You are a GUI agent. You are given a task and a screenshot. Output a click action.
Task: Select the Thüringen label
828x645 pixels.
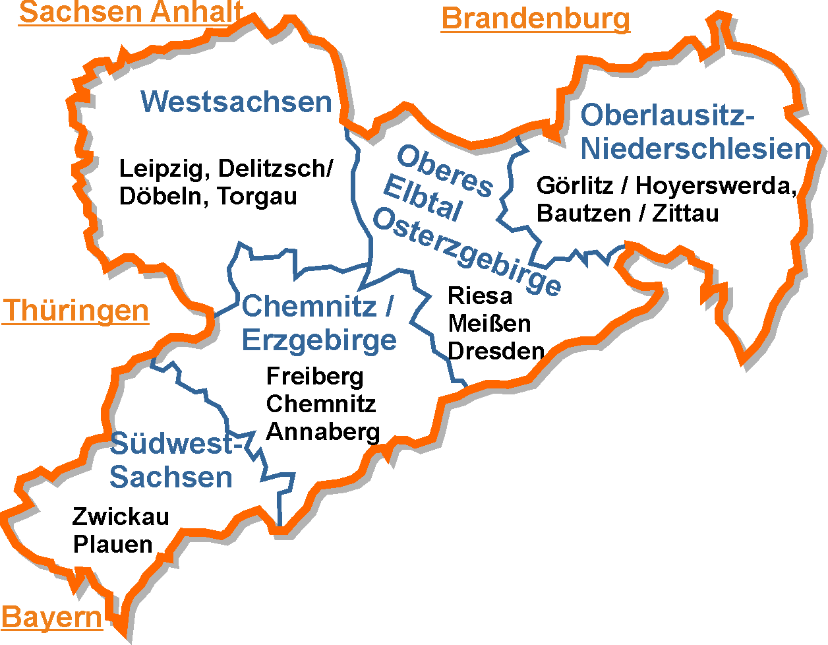[x=76, y=311]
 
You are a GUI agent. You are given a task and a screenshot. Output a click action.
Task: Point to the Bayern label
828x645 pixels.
[x=52, y=618]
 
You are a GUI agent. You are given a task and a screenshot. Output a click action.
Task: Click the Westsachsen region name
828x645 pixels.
[x=236, y=102]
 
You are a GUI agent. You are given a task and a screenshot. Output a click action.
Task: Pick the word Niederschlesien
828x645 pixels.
[x=695, y=150]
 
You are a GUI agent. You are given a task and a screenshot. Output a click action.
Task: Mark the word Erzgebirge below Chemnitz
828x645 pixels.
[x=319, y=340]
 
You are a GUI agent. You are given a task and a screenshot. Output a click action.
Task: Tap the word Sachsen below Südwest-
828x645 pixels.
[x=171, y=477]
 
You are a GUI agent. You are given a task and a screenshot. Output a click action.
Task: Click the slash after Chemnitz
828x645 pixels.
[x=389, y=307]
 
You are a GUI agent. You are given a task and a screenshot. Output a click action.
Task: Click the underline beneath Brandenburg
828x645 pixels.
[x=535, y=31]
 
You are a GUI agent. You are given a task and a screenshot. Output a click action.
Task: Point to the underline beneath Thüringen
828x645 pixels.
[x=76, y=323]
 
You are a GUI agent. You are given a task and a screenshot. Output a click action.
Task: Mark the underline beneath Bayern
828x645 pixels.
[x=52, y=630]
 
